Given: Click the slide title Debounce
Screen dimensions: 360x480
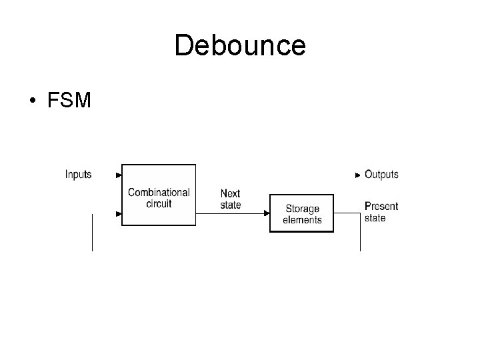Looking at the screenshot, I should (x=240, y=46).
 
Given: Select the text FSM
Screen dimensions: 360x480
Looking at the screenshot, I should (x=69, y=102).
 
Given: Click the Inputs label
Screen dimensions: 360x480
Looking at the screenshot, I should (x=79, y=175).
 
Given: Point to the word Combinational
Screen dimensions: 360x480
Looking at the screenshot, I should (x=159, y=192).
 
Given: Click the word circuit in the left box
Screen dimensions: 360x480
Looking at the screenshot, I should (x=159, y=203).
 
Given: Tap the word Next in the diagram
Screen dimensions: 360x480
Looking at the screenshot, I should (x=230, y=194).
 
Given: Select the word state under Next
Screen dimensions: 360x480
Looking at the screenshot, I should (x=231, y=205).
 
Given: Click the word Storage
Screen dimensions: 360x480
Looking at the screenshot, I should (x=302, y=209).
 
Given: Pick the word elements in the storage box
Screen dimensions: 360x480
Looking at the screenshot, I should (x=302, y=220).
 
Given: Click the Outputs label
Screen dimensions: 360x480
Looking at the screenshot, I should (x=381, y=175).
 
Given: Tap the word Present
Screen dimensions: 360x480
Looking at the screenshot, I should (x=381, y=207).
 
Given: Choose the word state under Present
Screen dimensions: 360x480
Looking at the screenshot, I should (x=375, y=218).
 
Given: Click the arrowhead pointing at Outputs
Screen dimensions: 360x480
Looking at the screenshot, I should (x=358, y=175).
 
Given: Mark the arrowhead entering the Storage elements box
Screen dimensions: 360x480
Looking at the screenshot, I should (x=267, y=213).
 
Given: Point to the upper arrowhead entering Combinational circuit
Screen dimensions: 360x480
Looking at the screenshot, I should (x=119, y=175).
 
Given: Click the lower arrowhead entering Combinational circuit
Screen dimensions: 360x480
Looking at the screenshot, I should (x=119, y=214).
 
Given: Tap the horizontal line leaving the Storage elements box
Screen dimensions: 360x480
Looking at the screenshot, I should (x=347, y=213).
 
